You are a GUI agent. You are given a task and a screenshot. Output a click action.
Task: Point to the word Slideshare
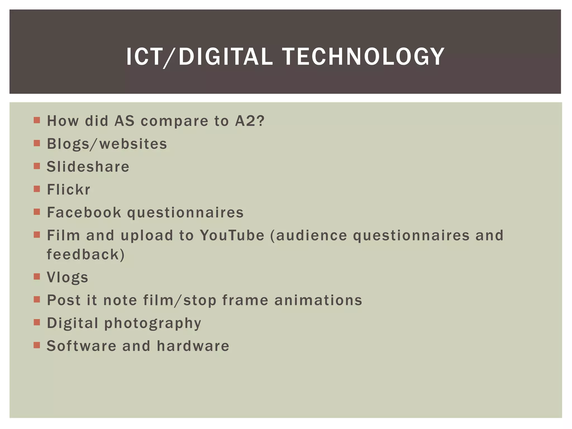tap(88, 167)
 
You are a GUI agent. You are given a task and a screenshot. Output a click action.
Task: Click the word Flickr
tap(68, 190)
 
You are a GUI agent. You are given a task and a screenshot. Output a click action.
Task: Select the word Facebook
tap(84, 213)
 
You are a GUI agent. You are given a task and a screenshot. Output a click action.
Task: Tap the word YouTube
tap(232, 235)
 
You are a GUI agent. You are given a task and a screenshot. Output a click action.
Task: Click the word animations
tap(318, 301)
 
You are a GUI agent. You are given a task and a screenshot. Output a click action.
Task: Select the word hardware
tap(193, 346)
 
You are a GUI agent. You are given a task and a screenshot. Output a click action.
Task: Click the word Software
tap(81, 346)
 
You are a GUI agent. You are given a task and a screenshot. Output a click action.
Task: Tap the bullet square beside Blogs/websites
tap(37, 143)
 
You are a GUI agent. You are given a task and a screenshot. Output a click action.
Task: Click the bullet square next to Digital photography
tap(37, 323)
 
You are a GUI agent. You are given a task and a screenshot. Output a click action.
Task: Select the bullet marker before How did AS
tap(37, 120)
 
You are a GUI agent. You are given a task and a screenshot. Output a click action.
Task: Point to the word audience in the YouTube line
tap(311, 235)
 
